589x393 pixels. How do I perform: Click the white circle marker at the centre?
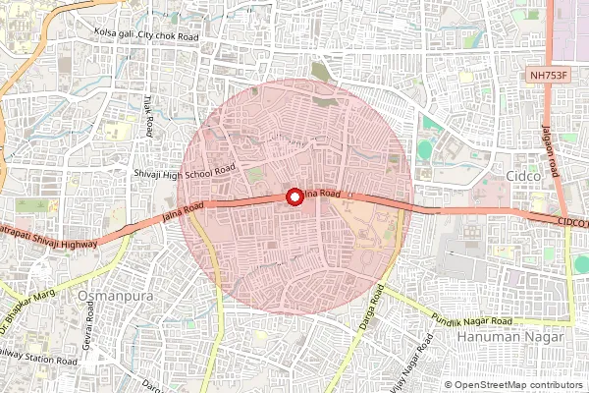click(294, 196)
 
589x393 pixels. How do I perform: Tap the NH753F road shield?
click(547, 75)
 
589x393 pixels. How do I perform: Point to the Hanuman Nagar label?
click(510, 337)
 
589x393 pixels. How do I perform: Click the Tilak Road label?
click(150, 117)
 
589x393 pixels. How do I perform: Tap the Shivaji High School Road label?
click(185, 171)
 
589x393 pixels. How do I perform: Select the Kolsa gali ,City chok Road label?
click(146, 34)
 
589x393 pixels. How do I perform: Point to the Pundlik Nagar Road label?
click(471, 321)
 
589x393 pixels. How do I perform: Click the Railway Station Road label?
click(39, 361)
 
